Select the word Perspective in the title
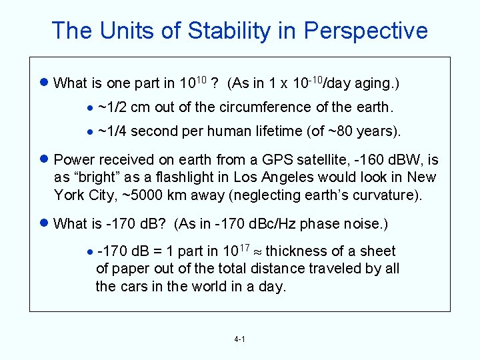coord(365,31)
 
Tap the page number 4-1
coord(240,339)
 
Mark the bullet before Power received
coord(44,159)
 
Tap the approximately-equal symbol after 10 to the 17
coord(257,252)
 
